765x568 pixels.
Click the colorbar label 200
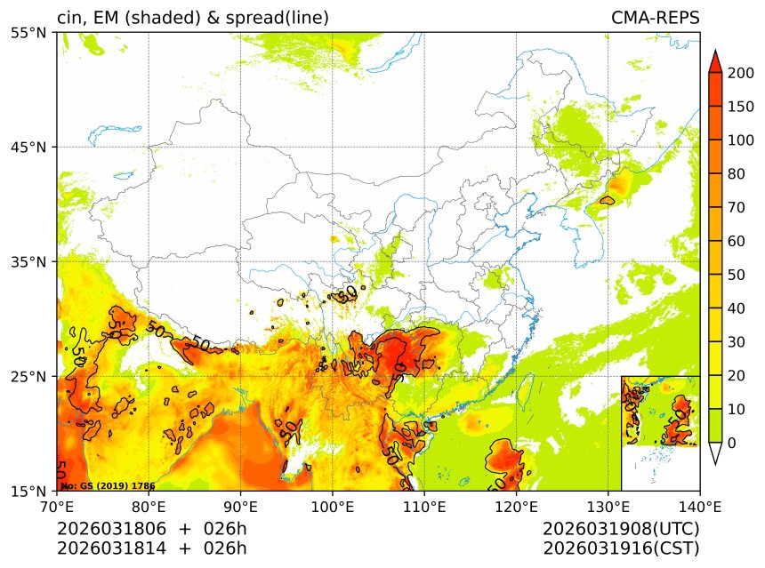pyautogui.click(x=741, y=74)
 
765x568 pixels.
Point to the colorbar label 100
pyautogui.click(x=741, y=140)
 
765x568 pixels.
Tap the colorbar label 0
pyautogui.click(x=731, y=443)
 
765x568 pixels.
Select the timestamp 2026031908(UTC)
pyautogui.click(x=621, y=529)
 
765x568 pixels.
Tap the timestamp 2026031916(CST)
pyautogui.click(x=621, y=548)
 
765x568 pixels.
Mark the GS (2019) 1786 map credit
pyautogui.click(x=108, y=486)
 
